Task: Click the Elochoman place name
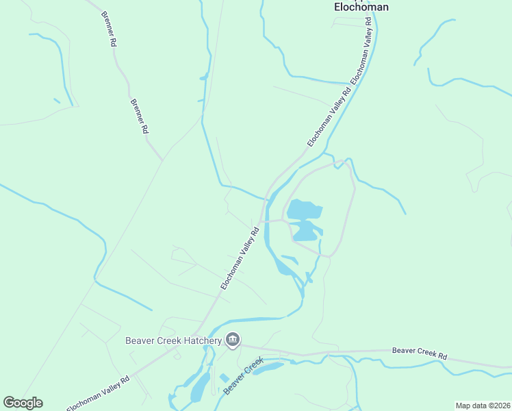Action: pyautogui.click(x=361, y=7)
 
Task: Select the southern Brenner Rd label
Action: pyautogui.click(x=140, y=115)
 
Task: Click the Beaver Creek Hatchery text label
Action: pyautogui.click(x=173, y=340)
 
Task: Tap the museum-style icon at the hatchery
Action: pyautogui.click(x=233, y=340)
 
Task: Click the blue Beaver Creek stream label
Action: pyautogui.click(x=243, y=375)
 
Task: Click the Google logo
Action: pyautogui.click(x=23, y=403)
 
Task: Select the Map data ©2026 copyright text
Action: pyautogui.click(x=483, y=406)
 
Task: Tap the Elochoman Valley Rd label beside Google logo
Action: pyautogui.click(x=97, y=393)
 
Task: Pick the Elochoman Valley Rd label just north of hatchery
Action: pyautogui.click(x=239, y=258)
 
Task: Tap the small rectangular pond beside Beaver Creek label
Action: pyautogui.click(x=225, y=378)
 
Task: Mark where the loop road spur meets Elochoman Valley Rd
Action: pyautogui.click(x=261, y=222)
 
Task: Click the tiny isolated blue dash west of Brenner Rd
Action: pyautogui.click(x=57, y=101)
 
